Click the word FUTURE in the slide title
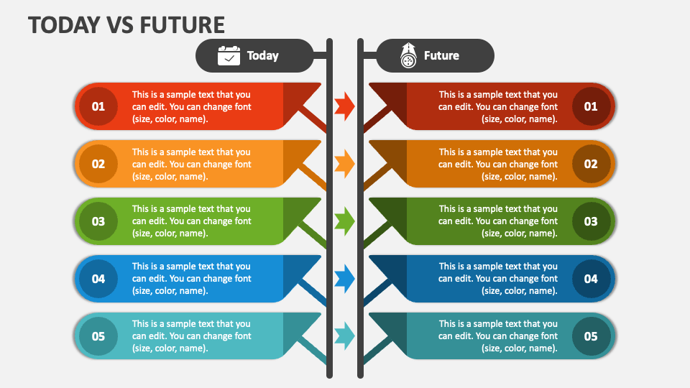click(182, 24)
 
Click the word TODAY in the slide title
click(64, 24)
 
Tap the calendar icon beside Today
click(229, 55)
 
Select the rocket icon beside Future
click(408, 55)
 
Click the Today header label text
click(263, 55)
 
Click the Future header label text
click(441, 55)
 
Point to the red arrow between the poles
click(344, 106)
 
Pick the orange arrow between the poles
click(344, 164)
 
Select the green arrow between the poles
click(344, 221)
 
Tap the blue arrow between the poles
click(344, 279)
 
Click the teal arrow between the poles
click(344, 336)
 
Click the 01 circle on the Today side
click(98, 106)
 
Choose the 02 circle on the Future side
click(591, 164)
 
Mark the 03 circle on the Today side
click(98, 221)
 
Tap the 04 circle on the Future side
click(591, 279)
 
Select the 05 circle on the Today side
click(98, 336)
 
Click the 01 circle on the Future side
click(591, 106)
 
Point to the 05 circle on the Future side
click(591, 336)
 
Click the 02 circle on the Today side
click(98, 164)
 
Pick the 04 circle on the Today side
click(98, 279)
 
